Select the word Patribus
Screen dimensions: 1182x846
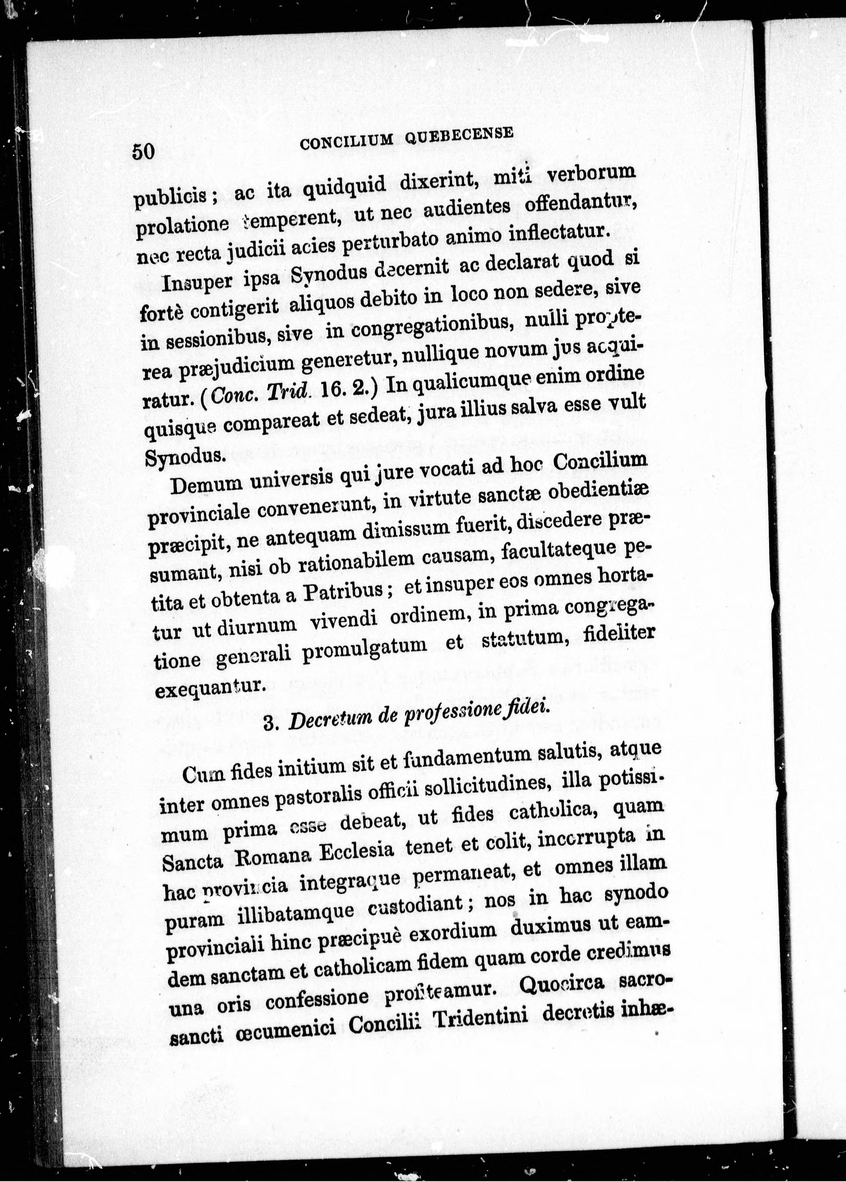click(344, 594)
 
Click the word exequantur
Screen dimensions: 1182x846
click(211, 688)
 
